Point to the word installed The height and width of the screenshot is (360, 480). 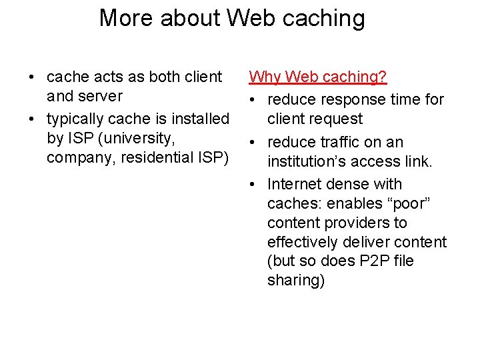coord(198,119)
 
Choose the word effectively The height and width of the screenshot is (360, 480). coord(303,241)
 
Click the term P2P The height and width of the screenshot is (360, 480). coord(375,261)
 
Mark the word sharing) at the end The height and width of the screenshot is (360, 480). coord(296,280)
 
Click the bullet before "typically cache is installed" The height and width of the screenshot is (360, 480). coord(32,120)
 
